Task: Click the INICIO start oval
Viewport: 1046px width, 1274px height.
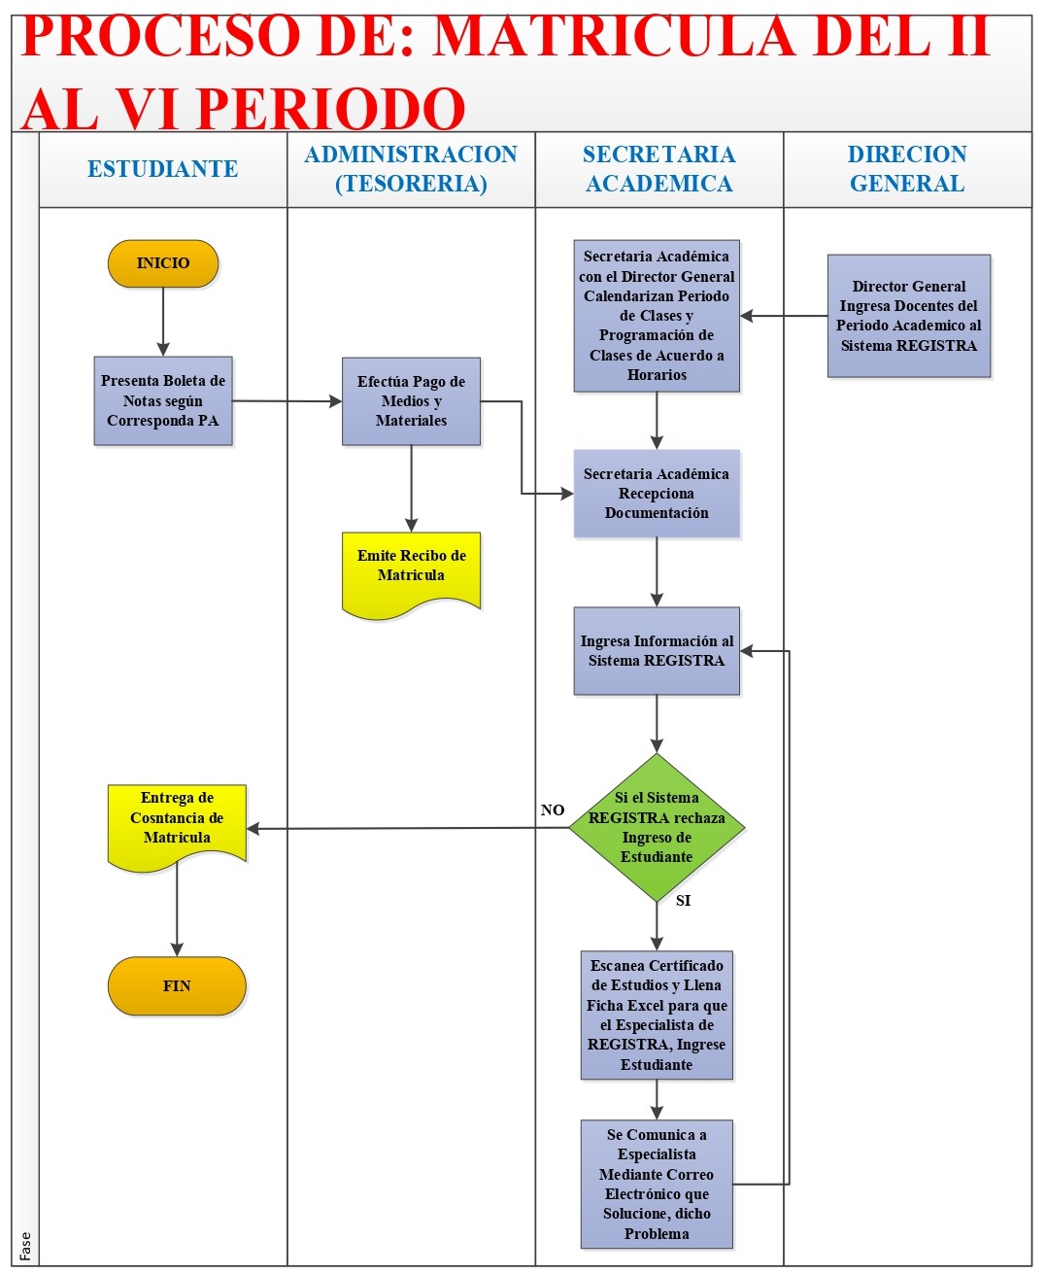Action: [x=163, y=263]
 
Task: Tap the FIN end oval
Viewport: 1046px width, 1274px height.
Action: [x=177, y=985]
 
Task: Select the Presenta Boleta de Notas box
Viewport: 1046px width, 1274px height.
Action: [x=163, y=400]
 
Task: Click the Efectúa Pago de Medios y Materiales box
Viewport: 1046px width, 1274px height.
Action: [x=411, y=400]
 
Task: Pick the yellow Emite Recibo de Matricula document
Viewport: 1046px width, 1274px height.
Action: [x=411, y=569]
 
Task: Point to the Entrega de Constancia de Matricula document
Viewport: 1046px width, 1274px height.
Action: [x=177, y=822]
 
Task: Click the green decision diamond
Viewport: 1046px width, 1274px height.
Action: [x=657, y=827]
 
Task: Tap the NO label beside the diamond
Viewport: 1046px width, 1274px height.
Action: [x=553, y=809]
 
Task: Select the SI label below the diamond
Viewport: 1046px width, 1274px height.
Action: [x=683, y=901]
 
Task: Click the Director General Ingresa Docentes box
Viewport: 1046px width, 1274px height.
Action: [x=908, y=316]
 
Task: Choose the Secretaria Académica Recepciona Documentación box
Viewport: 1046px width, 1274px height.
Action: [x=657, y=494]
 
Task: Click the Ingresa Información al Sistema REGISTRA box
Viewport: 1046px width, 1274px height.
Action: [x=657, y=651]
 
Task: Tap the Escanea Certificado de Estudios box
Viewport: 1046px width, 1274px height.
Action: [x=657, y=1015]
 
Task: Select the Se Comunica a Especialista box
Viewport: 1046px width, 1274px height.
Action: [x=657, y=1184]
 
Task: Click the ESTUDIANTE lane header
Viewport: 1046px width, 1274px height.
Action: [x=163, y=169]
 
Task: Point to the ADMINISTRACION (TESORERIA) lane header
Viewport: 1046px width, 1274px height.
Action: [x=411, y=169]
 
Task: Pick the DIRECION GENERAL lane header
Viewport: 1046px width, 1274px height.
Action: [x=907, y=169]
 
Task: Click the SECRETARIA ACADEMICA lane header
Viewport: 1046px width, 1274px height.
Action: [x=659, y=169]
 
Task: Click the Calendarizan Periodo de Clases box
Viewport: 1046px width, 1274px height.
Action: [x=657, y=316]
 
